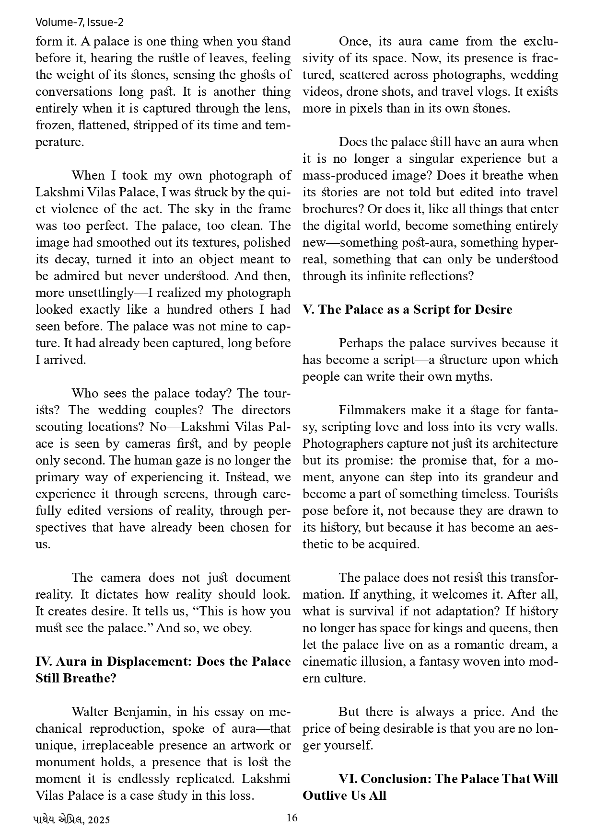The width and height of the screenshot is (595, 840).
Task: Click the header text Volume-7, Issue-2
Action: (80, 22)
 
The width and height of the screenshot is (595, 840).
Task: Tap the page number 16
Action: (292, 817)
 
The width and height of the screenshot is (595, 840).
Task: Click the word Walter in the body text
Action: (91, 712)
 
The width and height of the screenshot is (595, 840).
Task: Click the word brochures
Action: (329, 209)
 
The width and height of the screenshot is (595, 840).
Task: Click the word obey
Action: (238, 628)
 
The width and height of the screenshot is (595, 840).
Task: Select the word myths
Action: (477, 376)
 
